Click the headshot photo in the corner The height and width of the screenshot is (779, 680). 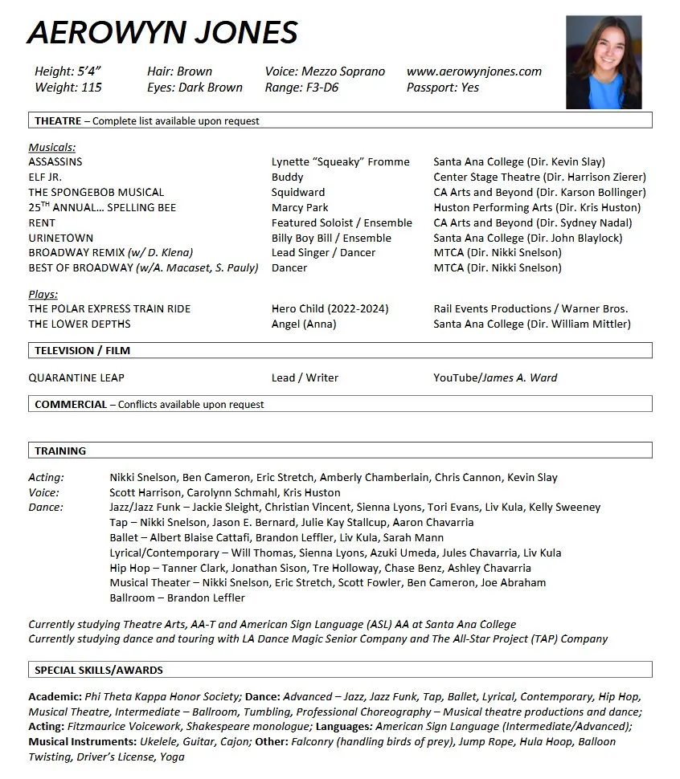[604, 63]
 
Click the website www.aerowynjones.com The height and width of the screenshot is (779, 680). [474, 71]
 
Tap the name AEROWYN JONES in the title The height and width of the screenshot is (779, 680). [163, 33]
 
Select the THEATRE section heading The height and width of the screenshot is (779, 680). [58, 121]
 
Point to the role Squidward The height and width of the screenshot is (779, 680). [298, 193]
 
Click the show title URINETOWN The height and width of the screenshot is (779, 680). [61, 239]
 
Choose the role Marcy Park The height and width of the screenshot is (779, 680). [300, 208]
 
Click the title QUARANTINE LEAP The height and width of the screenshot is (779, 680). [76, 378]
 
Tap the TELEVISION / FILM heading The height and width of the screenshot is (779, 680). [82, 351]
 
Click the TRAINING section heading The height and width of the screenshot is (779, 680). [60, 451]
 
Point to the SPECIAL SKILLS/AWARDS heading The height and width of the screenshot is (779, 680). [99, 670]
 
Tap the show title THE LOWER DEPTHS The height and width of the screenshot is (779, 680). [80, 324]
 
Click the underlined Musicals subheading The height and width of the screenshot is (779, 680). [52, 148]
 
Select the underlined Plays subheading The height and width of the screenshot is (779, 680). [43, 295]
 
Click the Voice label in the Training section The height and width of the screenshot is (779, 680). [43, 493]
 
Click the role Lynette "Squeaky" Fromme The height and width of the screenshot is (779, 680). [341, 162]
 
